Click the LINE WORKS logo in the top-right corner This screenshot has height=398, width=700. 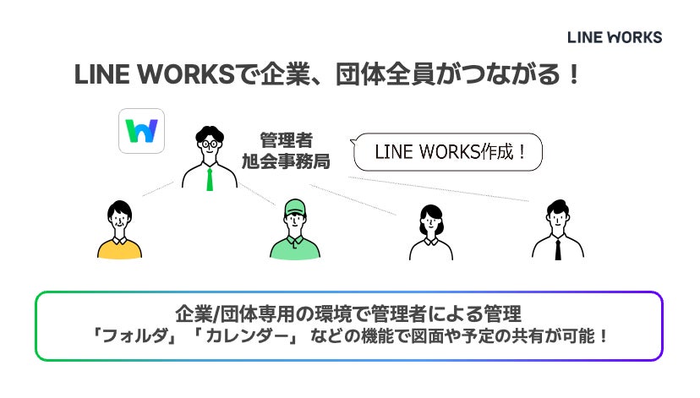click(615, 37)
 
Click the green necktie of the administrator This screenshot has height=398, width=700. click(210, 178)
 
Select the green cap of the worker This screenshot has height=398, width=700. click(293, 205)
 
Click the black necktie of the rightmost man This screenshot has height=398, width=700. click(558, 248)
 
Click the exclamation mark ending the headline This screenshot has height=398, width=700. click(573, 75)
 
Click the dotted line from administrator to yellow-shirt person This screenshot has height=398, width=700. click(162, 188)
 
